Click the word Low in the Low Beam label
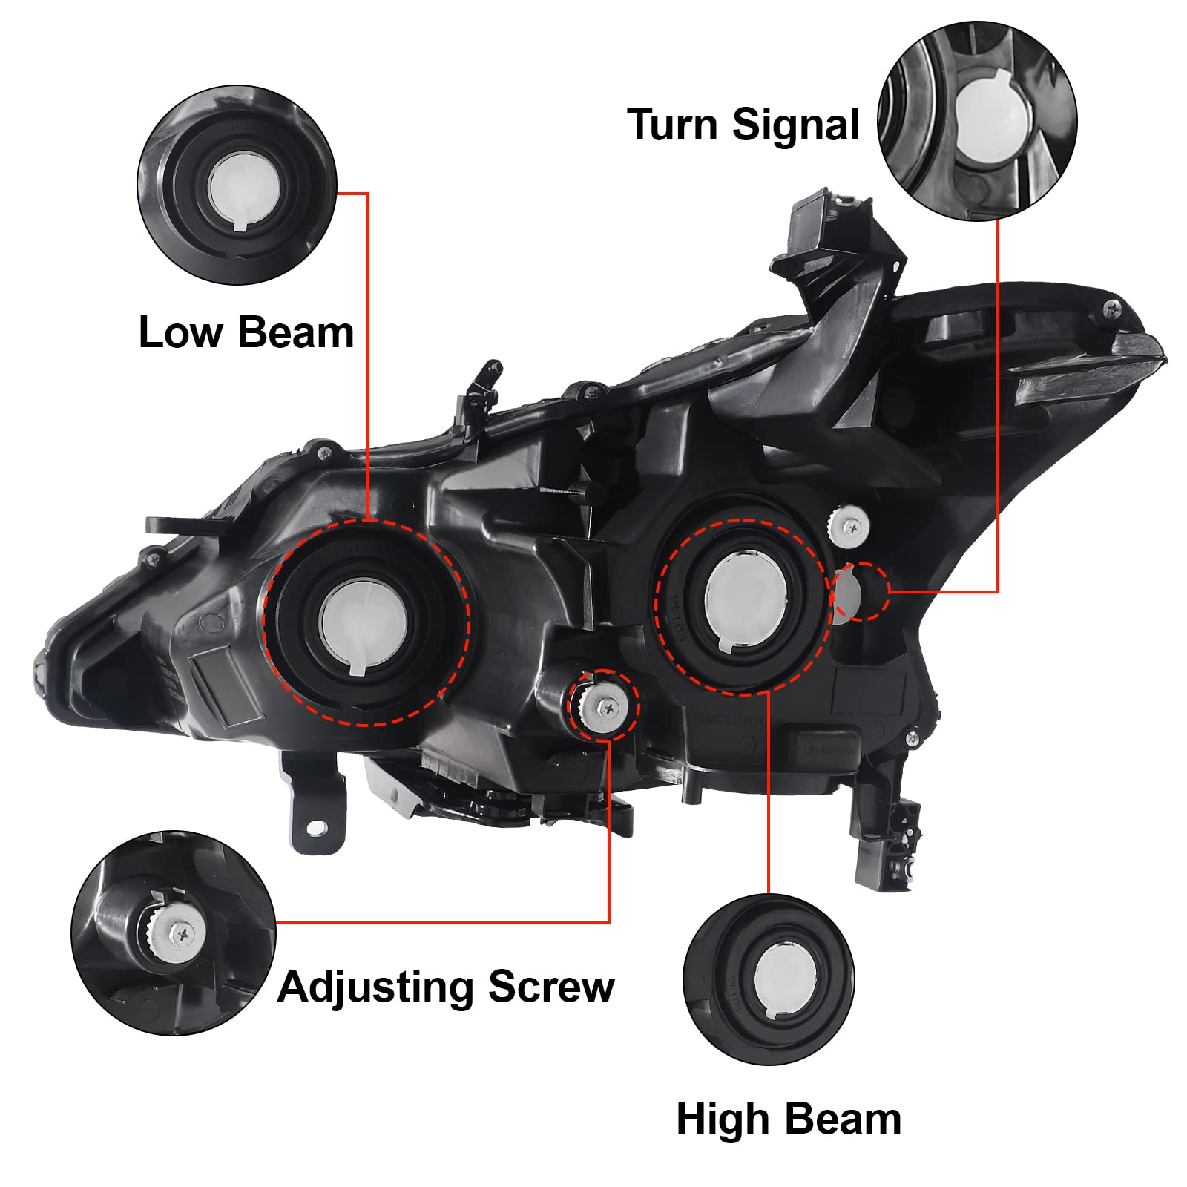click(x=180, y=332)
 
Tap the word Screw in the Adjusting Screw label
click(x=551, y=987)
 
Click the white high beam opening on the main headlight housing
click(x=746, y=601)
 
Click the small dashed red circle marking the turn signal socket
click(x=861, y=591)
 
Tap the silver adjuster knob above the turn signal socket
click(x=849, y=526)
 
